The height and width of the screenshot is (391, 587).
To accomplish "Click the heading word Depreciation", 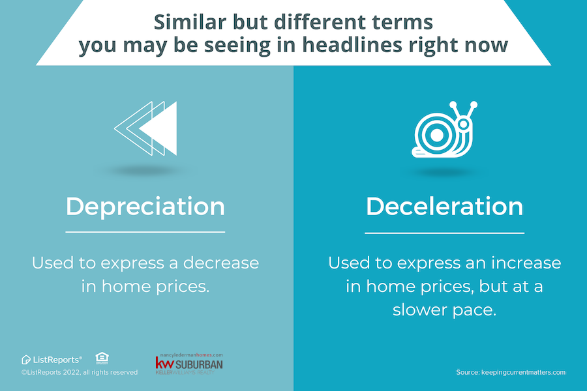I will point(145,207).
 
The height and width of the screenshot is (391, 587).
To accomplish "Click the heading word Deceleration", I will point(444,207).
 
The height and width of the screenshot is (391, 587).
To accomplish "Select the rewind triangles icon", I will point(145,128).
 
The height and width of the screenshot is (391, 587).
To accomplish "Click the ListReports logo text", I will point(56,359).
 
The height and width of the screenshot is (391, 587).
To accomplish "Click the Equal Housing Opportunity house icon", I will point(102,358).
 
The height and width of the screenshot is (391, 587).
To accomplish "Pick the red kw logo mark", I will point(162,362).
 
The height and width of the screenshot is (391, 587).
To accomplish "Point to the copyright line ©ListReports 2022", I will point(80,372).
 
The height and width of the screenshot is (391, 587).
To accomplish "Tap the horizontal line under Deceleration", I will point(444,233).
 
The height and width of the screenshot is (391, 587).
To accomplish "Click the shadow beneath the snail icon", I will point(444,173).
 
